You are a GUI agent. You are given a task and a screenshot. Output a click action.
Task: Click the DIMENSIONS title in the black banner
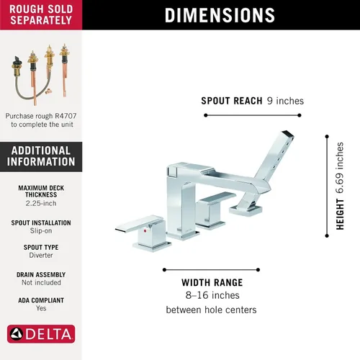(220, 15)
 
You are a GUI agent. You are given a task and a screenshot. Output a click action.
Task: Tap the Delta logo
(41, 334)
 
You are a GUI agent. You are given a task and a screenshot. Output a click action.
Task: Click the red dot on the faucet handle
(145, 231)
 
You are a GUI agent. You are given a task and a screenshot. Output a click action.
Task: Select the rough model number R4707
(66, 116)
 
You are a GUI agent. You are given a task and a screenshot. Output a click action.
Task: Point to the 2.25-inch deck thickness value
(41, 203)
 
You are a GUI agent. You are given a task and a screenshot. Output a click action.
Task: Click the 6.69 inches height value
(340, 168)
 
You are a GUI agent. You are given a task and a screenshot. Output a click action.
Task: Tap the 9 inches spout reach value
(285, 101)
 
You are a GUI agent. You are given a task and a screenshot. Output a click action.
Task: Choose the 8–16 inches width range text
(212, 295)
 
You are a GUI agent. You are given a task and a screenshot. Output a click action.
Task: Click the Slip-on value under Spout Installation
(41, 230)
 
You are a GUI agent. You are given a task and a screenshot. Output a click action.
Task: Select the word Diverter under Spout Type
(41, 255)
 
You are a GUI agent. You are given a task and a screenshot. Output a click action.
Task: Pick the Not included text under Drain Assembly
(41, 282)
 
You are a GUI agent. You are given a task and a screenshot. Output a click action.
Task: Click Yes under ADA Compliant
(41, 308)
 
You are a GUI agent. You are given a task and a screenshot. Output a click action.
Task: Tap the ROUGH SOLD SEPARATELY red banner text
(41, 14)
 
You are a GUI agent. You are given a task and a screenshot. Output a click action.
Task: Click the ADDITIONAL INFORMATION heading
(41, 156)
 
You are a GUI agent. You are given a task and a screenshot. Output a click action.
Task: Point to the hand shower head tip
(288, 134)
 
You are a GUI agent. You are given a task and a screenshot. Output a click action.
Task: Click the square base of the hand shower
(246, 210)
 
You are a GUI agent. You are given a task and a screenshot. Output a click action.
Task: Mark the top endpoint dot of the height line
(327, 137)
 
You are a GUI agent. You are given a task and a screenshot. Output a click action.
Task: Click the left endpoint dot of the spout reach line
(206, 115)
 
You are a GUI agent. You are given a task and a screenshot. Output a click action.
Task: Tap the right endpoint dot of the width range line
(258, 270)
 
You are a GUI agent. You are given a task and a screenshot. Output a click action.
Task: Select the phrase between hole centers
(211, 310)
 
